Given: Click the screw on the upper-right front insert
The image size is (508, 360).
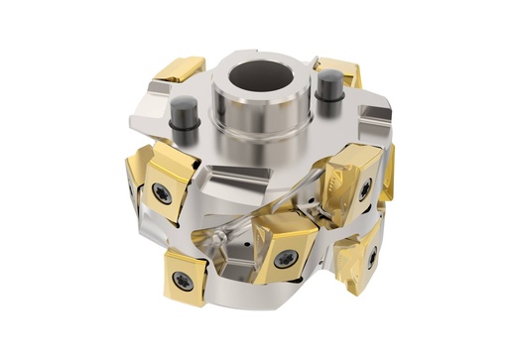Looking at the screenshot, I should tap(364, 185).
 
